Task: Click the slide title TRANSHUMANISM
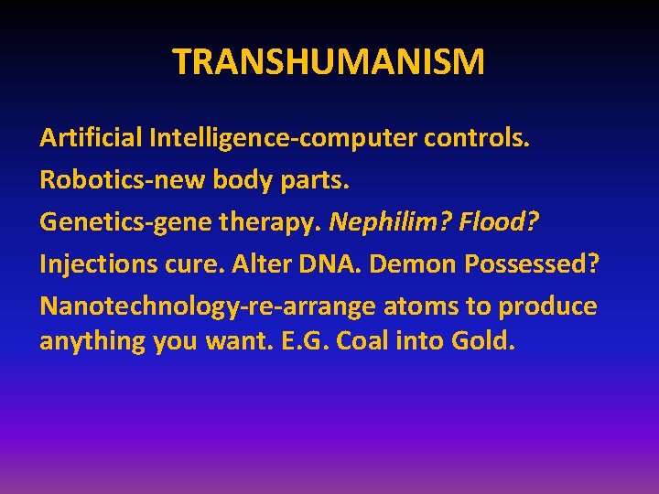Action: pos(329,62)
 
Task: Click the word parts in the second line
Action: pos(314,180)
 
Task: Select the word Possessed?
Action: pos(532,263)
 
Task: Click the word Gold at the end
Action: pos(484,341)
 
